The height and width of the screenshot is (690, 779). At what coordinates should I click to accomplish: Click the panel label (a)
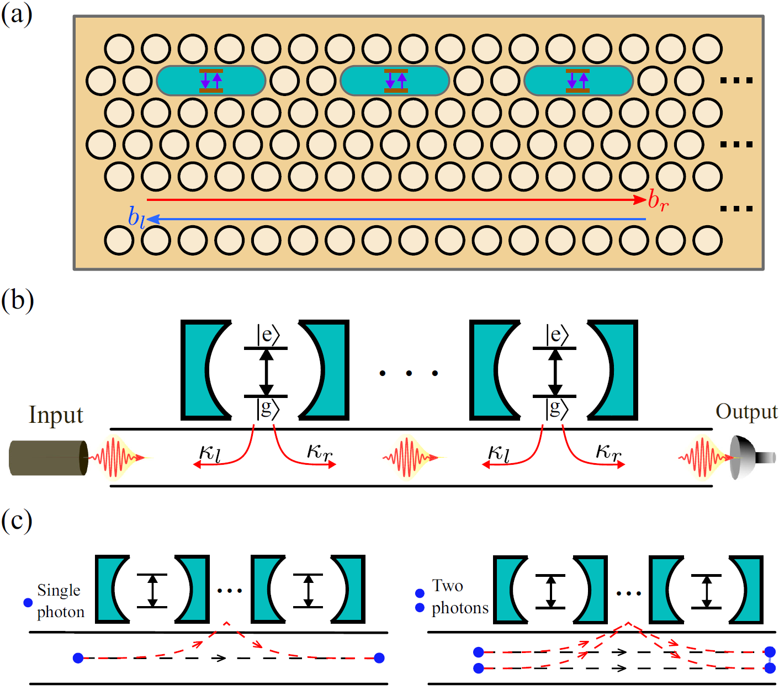[17, 14]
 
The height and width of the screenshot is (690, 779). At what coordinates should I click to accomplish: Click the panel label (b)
[17, 301]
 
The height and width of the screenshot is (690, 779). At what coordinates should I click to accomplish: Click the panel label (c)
[17, 521]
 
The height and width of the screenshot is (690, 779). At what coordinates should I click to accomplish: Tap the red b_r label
[658, 200]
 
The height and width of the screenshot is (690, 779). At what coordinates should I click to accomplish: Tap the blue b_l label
[136, 217]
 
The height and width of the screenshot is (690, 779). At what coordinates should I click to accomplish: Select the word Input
[56, 415]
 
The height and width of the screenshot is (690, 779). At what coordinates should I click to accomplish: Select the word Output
[746, 412]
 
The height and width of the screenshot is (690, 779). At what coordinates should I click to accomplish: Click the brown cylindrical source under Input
[49, 458]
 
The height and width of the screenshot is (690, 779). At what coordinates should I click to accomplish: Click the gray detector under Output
[751, 458]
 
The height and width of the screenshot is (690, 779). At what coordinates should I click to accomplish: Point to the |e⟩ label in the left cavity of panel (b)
[268, 335]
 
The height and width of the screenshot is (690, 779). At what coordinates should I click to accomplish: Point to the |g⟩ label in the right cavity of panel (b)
[557, 408]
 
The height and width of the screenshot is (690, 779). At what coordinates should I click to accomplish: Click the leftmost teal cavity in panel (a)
[211, 81]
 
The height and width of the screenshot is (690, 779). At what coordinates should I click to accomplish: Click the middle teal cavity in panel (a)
[395, 81]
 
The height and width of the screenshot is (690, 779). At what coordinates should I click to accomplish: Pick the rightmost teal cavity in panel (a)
[578, 81]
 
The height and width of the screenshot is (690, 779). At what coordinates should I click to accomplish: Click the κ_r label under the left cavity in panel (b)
[320, 453]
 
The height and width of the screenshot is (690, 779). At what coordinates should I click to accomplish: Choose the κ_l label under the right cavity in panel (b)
[499, 454]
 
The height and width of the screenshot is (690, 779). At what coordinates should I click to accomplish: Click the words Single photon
[60, 601]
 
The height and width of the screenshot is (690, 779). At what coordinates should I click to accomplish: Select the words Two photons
[459, 597]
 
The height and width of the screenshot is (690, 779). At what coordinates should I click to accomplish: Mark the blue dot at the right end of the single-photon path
[379, 657]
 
